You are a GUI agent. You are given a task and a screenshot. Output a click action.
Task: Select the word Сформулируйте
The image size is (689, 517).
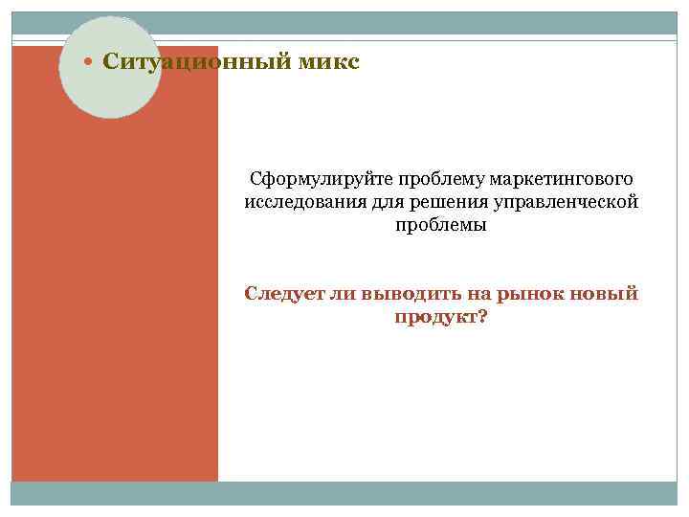(x=308, y=179)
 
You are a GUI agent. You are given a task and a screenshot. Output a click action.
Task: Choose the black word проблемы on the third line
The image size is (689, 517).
(x=440, y=226)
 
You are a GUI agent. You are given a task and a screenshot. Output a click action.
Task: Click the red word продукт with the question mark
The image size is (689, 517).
(x=440, y=317)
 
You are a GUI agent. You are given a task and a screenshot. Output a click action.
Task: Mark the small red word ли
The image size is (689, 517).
(x=343, y=293)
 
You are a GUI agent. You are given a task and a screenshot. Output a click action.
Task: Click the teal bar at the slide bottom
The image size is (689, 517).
(x=344, y=493)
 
